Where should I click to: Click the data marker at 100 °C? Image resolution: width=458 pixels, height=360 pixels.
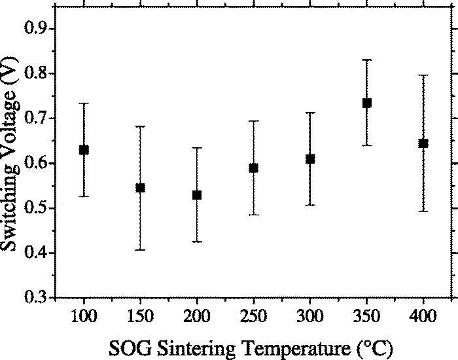(84, 150)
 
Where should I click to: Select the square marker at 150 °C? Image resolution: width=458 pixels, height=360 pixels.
(140, 188)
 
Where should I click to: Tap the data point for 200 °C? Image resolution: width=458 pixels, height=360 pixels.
(197, 195)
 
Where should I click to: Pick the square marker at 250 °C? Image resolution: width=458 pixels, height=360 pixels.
(253, 168)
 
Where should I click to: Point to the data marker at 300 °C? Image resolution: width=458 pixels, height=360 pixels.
(310, 159)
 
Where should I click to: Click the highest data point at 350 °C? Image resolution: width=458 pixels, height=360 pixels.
(367, 103)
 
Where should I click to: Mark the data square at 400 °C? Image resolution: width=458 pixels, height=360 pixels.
(423, 143)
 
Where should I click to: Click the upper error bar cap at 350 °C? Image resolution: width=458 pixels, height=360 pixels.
(367, 60)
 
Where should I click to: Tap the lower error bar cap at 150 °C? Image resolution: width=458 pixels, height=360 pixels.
(140, 250)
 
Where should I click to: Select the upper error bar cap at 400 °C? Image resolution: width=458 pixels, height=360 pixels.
(423, 75)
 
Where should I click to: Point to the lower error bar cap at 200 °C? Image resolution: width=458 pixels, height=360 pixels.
(197, 242)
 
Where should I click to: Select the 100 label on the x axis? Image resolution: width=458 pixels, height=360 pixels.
(84, 318)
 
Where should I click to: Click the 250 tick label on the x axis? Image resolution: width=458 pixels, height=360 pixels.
(253, 318)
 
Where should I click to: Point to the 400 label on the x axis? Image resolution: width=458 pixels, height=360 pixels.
(423, 318)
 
